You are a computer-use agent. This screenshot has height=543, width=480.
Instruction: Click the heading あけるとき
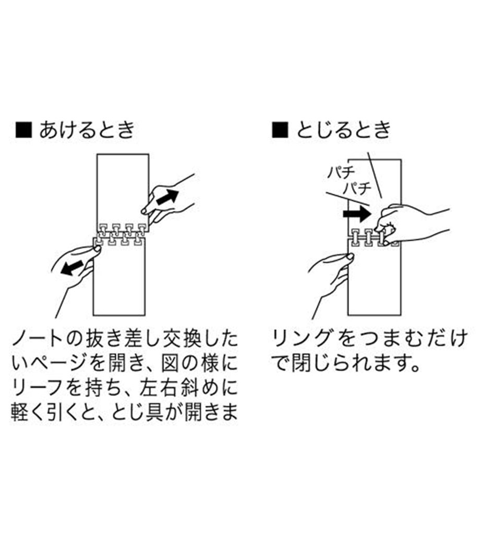(x=87, y=130)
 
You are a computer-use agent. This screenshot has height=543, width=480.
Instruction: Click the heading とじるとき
(x=343, y=130)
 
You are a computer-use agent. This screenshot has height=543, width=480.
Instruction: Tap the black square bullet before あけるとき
(x=24, y=130)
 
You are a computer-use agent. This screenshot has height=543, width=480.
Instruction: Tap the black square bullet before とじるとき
(x=280, y=130)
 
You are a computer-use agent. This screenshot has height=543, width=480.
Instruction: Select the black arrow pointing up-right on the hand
(x=167, y=197)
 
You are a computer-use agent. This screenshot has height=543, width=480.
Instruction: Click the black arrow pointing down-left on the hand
(x=73, y=268)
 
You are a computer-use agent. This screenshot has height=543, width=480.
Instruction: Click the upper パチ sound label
(x=341, y=172)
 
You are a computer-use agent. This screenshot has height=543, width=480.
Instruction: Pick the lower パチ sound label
(x=357, y=188)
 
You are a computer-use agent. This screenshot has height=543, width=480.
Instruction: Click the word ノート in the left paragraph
(x=38, y=339)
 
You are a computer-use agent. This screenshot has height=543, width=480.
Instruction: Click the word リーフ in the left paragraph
(x=38, y=388)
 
